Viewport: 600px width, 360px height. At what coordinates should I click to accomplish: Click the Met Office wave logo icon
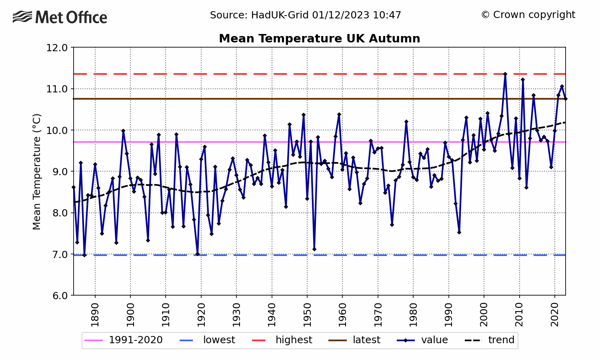[x=22, y=17]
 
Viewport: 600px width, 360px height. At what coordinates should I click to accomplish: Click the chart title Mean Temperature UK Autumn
[x=319, y=38]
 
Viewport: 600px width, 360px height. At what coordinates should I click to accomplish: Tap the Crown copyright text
[x=528, y=15]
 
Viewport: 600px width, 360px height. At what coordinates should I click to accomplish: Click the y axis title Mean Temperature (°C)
[x=37, y=172]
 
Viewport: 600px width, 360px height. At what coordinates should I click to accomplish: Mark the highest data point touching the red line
[x=505, y=74]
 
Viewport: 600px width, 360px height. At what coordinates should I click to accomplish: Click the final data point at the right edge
[x=566, y=99]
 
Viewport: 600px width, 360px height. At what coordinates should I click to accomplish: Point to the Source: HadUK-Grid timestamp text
[x=305, y=15]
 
